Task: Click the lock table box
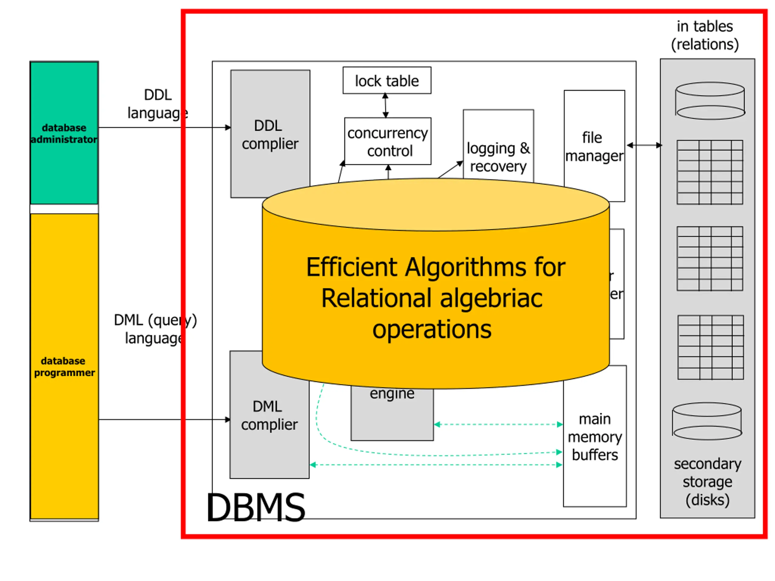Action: pyautogui.click(x=387, y=80)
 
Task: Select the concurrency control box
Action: pyautogui.click(x=388, y=142)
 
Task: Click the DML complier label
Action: pyautogui.click(x=269, y=416)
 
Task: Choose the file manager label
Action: pyautogui.click(x=594, y=147)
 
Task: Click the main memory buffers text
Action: pyautogui.click(x=595, y=437)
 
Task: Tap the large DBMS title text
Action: pyautogui.click(x=256, y=507)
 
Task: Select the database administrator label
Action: pyautogui.click(x=64, y=133)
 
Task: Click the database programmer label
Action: pyautogui.click(x=64, y=367)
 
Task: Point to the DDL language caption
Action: pyautogui.click(x=158, y=104)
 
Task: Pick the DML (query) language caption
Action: pyautogui.click(x=155, y=329)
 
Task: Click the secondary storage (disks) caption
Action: pyautogui.click(x=707, y=482)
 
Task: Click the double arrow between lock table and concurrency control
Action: pyautogui.click(x=385, y=105)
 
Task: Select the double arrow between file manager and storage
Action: pyautogui.click(x=644, y=145)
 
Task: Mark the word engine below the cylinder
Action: pyautogui.click(x=392, y=394)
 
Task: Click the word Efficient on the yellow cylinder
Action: pyautogui.click(x=352, y=267)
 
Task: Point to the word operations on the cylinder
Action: pyautogui.click(x=432, y=330)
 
